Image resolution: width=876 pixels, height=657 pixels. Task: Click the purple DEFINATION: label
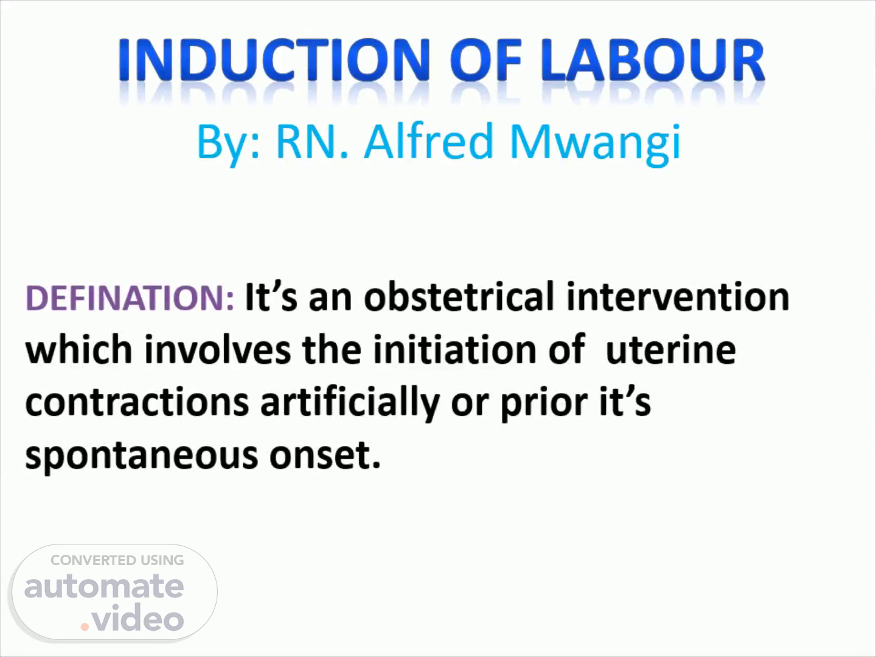click(x=130, y=297)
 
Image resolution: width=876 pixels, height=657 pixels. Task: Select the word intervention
click(x=678, y=297)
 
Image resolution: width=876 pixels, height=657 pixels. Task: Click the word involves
click(x=218, y=349)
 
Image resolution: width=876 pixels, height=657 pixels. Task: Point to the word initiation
click(x=454, y=349)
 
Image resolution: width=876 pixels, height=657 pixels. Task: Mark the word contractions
click(x=137, y=402)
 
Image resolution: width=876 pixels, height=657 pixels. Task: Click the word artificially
click(x=350, y=403)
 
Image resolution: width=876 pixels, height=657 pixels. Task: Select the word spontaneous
click(x=142, y=457)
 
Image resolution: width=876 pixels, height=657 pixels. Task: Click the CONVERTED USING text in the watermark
click(x=117, y=560)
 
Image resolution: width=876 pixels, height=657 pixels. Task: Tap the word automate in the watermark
click(x=104, y=586)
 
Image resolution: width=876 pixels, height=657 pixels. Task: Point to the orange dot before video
click(x=85, y=627)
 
